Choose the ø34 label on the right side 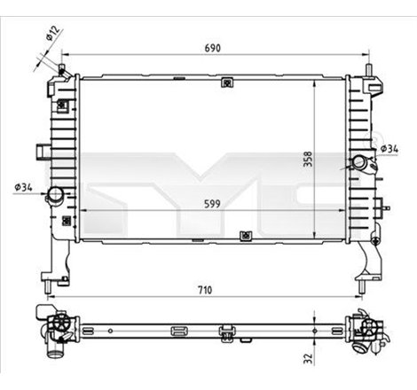click(x=388, y=147)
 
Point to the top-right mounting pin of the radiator click(x=366, y=68)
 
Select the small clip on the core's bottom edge click(x=245, y=237)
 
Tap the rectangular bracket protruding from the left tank click(x=43, y=150)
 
